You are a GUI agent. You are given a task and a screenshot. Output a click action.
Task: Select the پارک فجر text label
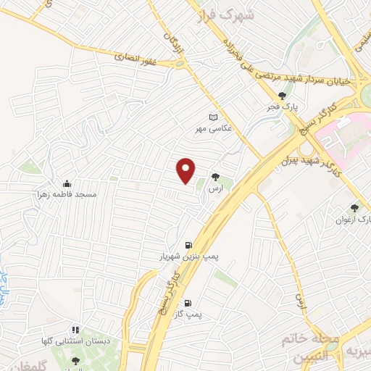pyautogui.click(x=282, y=107)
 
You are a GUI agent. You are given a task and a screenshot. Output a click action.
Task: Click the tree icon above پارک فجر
pyautogui.click(x=282, y=95)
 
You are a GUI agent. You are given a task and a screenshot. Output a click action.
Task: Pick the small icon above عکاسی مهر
pyautogui.click(x=212, y=117)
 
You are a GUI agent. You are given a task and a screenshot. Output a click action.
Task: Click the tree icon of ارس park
pyautogui.click(x=215, y=176)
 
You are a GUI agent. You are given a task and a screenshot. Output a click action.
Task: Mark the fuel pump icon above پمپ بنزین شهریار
pyautogui.click(x=188, y=245)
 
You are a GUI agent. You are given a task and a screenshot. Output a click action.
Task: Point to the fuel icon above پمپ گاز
pyautogui.click(x=189, y=303)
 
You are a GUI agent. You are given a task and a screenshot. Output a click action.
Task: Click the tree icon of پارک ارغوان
pyautogui.click(x=354, y=207)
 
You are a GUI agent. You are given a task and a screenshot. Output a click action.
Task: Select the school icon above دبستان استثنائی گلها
pyautogui.click(x=75, y=329)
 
